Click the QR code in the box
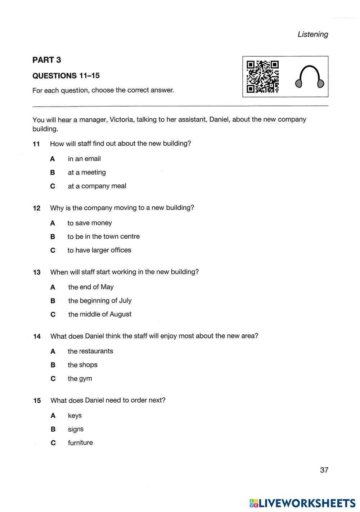click(262, 76)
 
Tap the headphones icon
click(310, 77)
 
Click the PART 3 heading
click(47, 60)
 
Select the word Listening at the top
click(313, 34)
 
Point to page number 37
click(324, 470)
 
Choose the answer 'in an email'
click(84, 159)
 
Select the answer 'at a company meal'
click(97, 186)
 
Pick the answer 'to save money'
click(90, 223)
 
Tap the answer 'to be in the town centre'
click(103, 237)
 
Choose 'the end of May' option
click(91, 287)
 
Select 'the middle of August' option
click(100, 314)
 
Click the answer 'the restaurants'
click(90, 351)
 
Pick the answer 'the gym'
click(80, 379)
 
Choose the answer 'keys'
click(75, 416)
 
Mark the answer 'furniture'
click(80, 443)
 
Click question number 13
click(37, 272)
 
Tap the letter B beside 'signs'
click(53, 429)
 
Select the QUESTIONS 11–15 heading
click(66, 76)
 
